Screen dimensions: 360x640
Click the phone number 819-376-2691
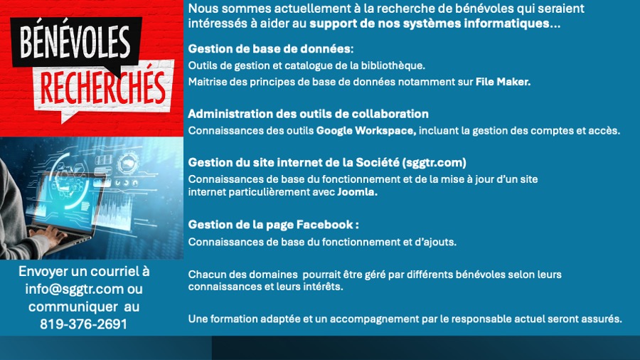tap(84, 324)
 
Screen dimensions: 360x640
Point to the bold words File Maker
tap(503, 82)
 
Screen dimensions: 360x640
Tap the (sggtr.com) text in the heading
tap(434, 162)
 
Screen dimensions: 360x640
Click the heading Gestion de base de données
tap(270, 49)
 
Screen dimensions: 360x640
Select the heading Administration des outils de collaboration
tap(308, 114)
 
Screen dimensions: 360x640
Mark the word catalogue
tap(294, 65)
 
